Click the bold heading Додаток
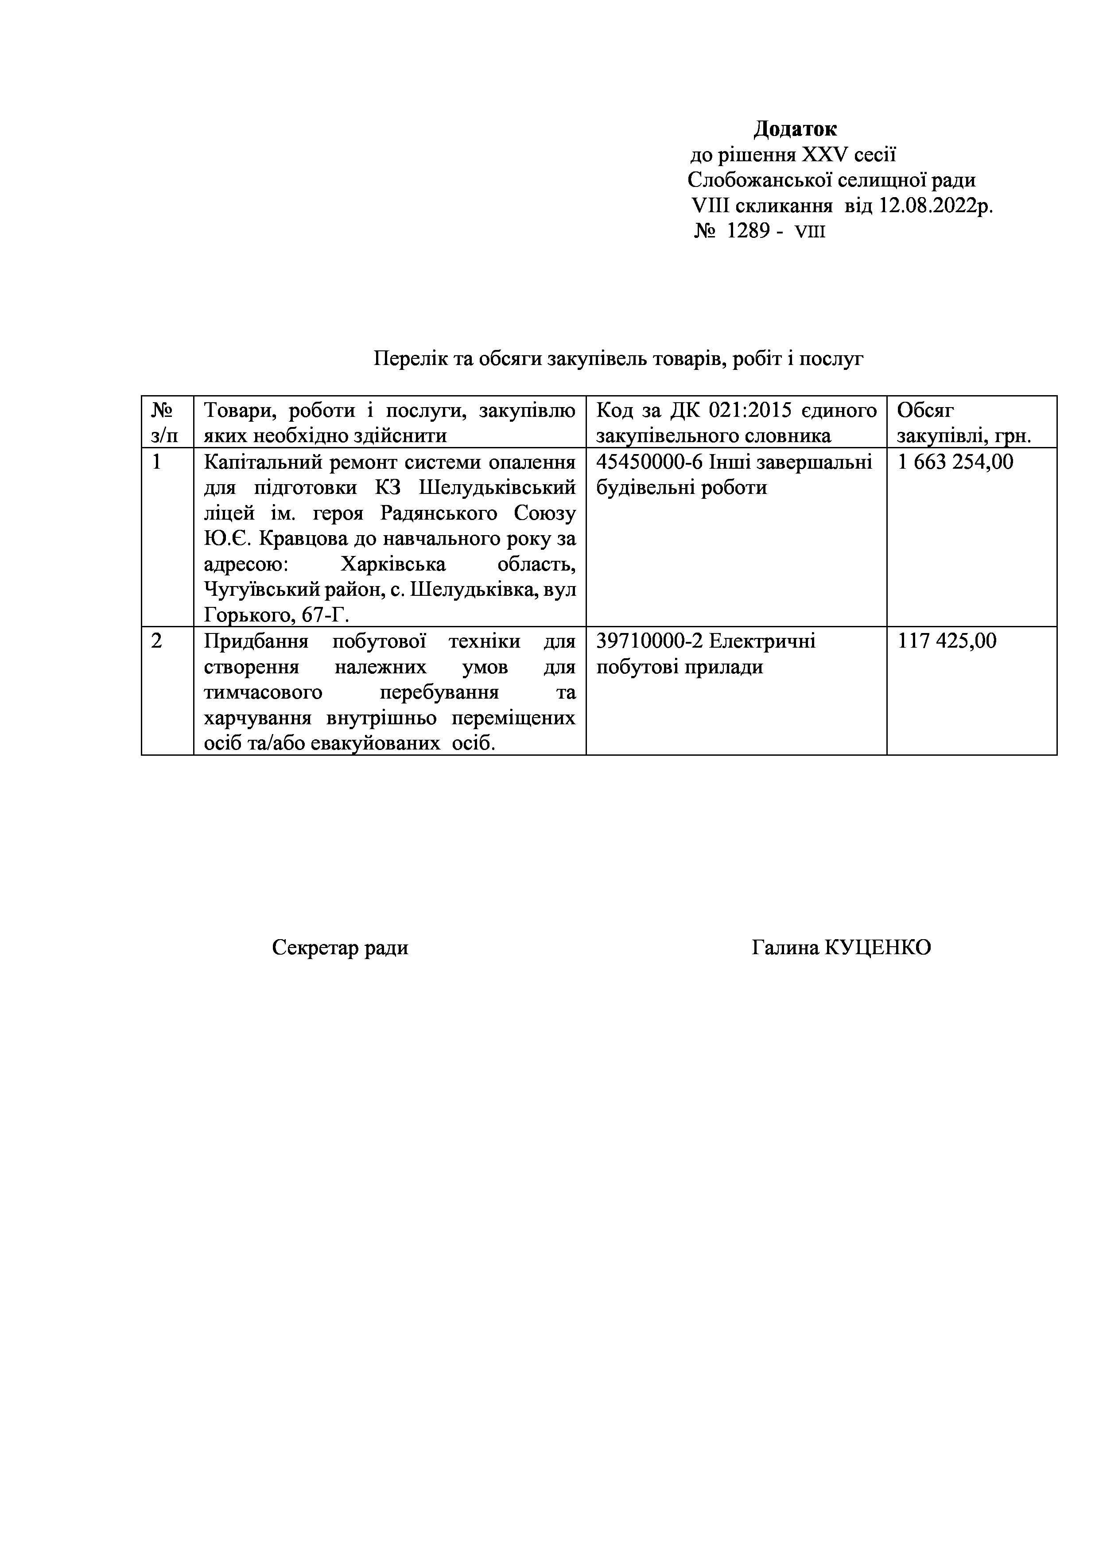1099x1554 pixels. point(795,128)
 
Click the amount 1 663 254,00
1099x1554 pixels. point(955,462)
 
